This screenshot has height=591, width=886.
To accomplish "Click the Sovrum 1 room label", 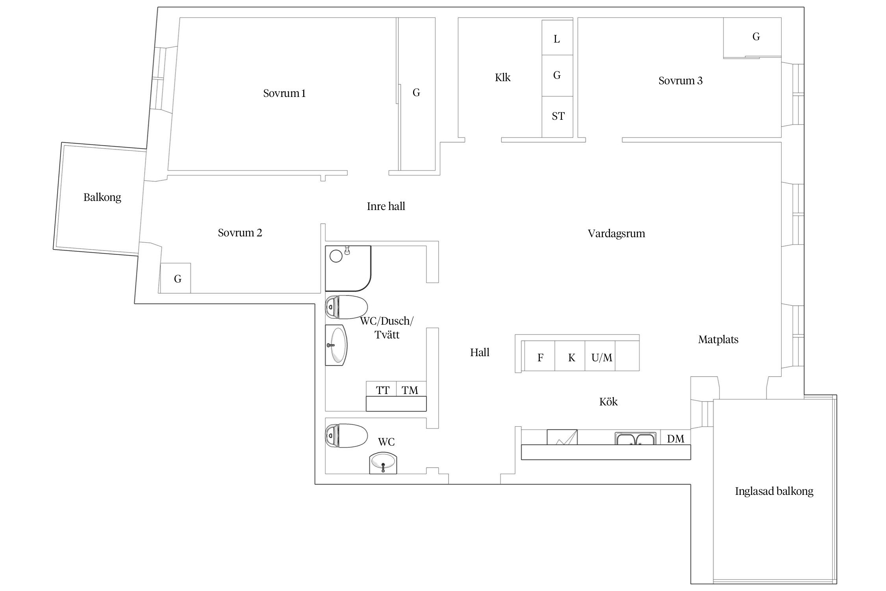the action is [284, 93].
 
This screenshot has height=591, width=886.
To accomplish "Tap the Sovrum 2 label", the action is [240, 233].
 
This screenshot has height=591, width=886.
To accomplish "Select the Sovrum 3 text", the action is [680, 81].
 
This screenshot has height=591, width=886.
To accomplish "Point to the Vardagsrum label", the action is [616, 234].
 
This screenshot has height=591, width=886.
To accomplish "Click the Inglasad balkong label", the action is [774, 491].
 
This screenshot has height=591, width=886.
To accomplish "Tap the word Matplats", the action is [718, 340].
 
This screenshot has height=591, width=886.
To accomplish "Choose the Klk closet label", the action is [502, 78].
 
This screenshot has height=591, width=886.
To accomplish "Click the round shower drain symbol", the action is [336, 256].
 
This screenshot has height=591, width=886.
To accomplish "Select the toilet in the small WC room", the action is [347, 435].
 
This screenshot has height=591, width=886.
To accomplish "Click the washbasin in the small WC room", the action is [383, 463].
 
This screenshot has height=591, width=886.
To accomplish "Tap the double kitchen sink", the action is [635, 439].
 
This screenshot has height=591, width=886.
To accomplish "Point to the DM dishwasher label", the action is [676, 439].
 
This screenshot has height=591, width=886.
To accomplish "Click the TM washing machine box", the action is [411, 388].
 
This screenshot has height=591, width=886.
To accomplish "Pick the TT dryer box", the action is [381, 388].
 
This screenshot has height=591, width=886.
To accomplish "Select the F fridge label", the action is [540, 358].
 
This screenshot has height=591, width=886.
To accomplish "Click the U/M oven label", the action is [602, 358].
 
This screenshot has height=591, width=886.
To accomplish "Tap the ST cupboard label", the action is [558, 116].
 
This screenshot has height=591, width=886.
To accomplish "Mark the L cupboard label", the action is [557, 39].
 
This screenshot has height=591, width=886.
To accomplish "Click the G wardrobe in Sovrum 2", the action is [175, 278].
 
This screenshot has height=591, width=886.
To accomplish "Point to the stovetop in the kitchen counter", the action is [562, 437].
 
